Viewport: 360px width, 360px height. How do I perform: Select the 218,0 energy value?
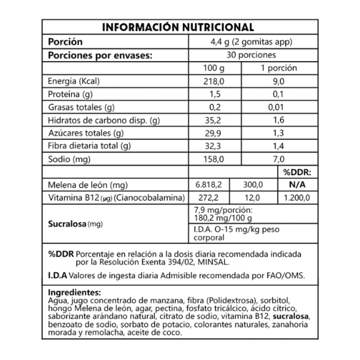214,81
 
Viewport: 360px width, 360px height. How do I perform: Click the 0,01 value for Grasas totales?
279,108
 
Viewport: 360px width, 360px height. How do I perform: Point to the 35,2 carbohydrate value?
214,121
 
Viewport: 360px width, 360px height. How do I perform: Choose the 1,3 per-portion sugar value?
279,133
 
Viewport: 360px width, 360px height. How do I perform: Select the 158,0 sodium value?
214,159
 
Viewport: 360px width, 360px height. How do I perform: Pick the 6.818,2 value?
210,184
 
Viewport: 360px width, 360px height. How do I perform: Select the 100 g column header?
214,68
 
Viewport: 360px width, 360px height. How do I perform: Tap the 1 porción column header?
279,68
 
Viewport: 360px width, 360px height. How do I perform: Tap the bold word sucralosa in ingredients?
291,318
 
